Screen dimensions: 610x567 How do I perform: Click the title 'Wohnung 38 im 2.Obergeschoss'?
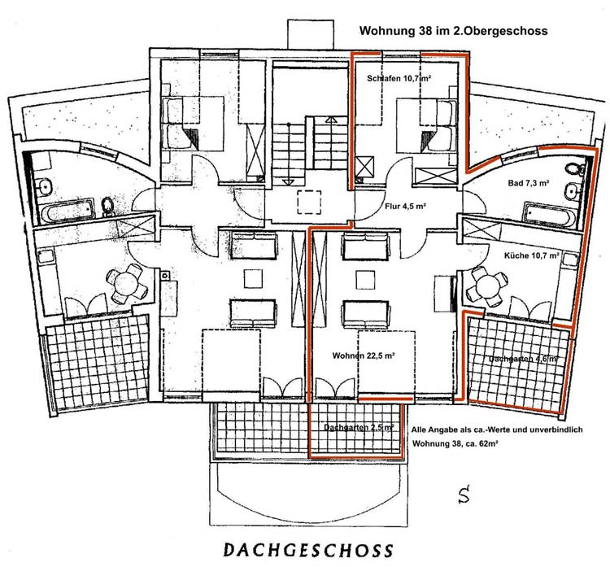point(453,31)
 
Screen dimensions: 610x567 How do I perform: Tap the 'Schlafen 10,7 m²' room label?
point(399,78)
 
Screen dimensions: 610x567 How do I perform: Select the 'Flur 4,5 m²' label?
point(405,207)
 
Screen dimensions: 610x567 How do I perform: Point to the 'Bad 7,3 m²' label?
point(529,182)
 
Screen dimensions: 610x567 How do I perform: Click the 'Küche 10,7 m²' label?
point(532,255)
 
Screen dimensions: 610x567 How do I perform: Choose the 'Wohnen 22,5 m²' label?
point(364,355)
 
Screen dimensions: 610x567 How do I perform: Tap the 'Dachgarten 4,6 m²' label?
point(522,359)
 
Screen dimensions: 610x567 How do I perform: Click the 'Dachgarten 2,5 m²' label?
point(359,427)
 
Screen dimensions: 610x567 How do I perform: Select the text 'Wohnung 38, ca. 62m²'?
point(455,443)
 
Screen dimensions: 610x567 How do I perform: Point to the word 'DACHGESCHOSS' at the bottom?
point(308,550)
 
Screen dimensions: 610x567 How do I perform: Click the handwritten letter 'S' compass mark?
point(464,494)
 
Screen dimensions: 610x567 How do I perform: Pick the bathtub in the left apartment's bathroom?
point(68,212)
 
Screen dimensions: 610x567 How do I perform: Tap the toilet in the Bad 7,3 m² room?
point(574,170)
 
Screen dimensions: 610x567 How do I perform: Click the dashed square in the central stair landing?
point(309,202)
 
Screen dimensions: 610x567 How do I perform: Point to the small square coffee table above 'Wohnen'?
point(366,279)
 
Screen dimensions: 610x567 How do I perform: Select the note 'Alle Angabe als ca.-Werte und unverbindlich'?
point(497,430)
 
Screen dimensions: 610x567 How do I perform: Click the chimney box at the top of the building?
point(311,34)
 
